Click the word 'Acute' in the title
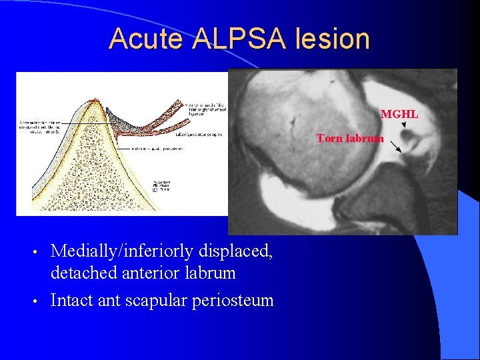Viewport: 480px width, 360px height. [x=146, y=39]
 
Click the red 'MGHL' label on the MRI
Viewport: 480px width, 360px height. [x=399, y=114]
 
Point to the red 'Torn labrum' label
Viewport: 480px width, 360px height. [x=350, y=138]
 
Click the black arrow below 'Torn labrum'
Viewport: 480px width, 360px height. [x=395, y=147]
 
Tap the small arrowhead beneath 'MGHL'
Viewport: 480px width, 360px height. [x=404, y=125]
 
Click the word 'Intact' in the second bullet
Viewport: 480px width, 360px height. [x=71, y=300]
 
